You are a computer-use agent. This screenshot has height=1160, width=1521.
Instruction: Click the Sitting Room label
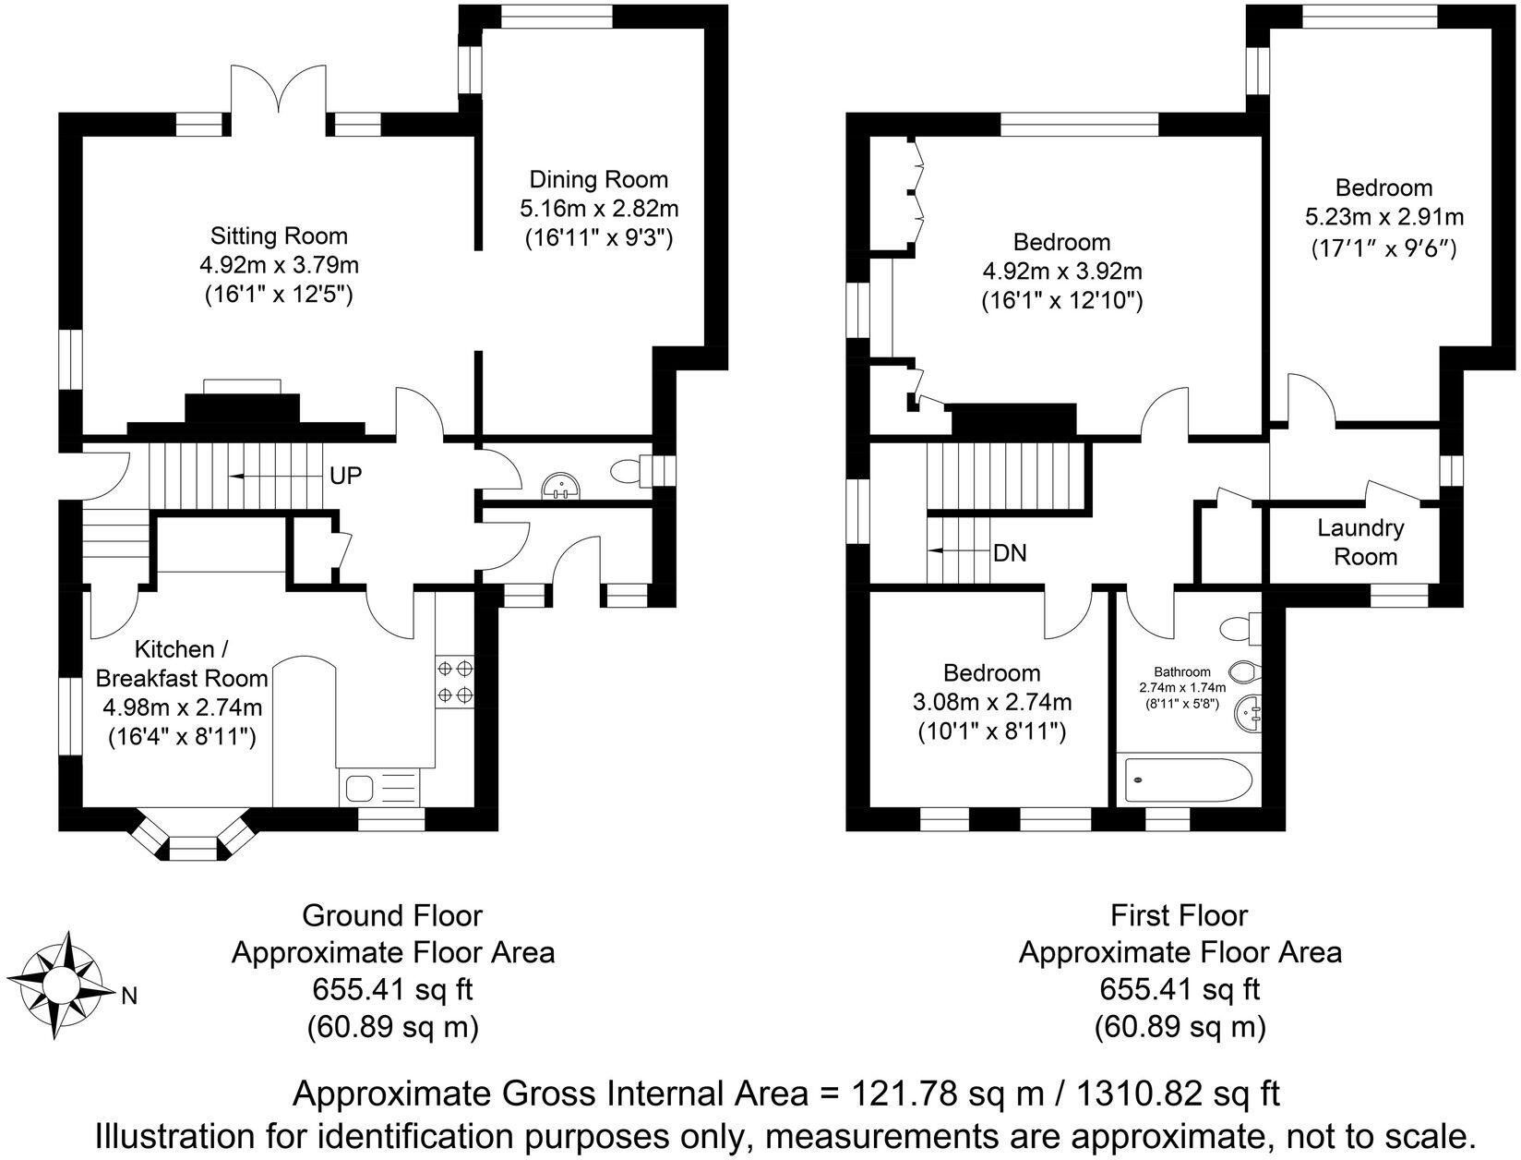pos(279,236)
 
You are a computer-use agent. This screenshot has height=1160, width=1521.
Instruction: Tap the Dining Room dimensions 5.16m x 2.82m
pos(598,209)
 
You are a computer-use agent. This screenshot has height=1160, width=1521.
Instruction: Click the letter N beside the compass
pos(130,996)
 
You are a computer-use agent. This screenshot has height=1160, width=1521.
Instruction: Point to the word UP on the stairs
pos(345,477)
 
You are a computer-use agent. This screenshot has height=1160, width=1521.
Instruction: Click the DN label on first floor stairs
pos(1010,554)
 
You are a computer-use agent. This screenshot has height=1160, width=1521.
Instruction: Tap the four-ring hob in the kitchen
pos(454,681)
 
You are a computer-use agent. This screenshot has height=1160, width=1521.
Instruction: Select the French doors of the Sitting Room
pos(277,94)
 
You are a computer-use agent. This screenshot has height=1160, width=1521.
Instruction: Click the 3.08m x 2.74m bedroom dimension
pos(992,703)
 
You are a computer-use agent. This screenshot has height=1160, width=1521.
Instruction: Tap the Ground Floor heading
pos(392,916)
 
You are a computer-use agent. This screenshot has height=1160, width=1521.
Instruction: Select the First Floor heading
pos(1179,916)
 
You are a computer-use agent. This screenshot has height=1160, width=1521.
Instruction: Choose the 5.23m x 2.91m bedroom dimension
pos(1383,218)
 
